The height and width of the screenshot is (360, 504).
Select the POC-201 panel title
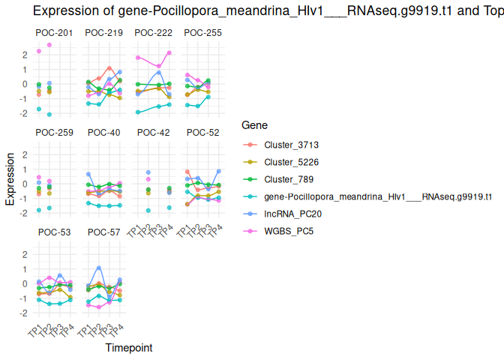(x=54, y=33)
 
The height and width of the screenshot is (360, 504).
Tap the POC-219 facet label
(x=103, y=33)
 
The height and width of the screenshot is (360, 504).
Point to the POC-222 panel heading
(x=153, y=33)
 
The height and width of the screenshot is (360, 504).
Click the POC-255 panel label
(x=202, y=33)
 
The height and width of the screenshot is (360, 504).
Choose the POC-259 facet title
(x=54, y=133)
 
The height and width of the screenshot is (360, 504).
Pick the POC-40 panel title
(x=103, y=133)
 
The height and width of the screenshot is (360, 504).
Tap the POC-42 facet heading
(x=153, y=133)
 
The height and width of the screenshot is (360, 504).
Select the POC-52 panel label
(x=202, y=133)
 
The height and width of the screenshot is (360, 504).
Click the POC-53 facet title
(x=54, y=232)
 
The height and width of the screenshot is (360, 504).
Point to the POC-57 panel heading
(x=103, y=232)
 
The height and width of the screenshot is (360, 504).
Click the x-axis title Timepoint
(x=128, y=348)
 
